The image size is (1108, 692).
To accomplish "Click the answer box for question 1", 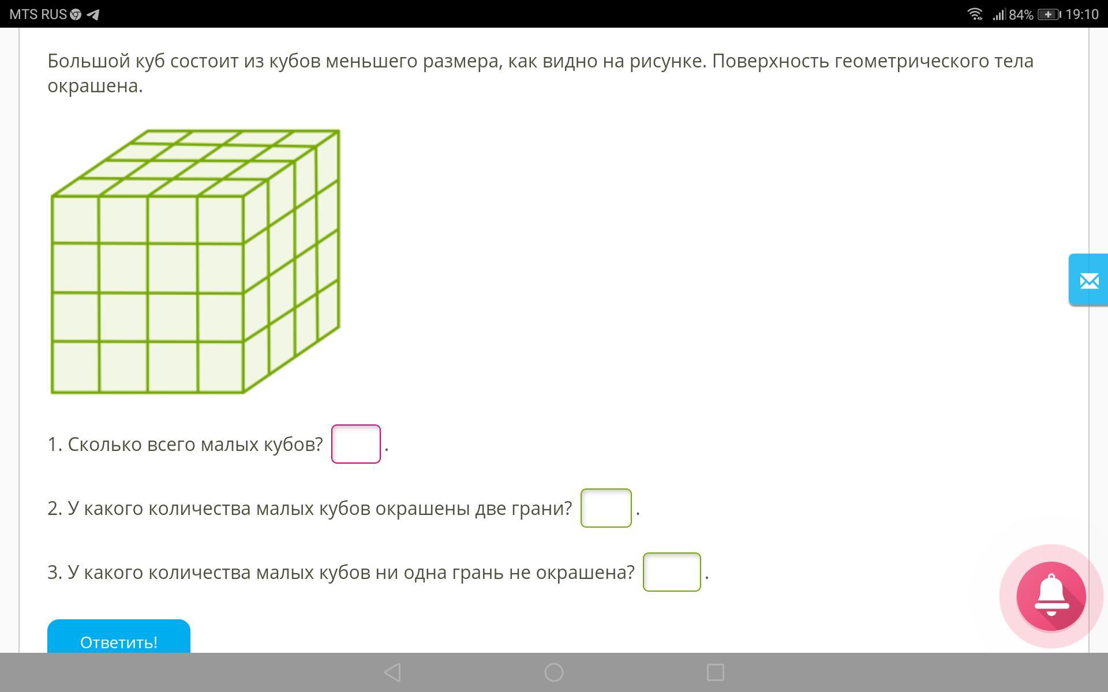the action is tap(356, 444).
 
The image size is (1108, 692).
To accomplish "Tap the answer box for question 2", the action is tap(606, 508).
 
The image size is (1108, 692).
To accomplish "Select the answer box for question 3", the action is tap(672, 572).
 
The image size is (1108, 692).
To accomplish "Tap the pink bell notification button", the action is tap(1051, 596).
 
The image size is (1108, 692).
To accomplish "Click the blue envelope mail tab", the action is tap(1088, 280).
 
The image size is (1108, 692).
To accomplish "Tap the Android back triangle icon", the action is tap(392, 672).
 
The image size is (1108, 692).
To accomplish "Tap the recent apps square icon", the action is tap(716, 672).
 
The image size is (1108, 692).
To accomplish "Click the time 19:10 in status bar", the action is tap(1082, 14).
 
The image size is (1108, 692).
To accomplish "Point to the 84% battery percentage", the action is tap(1021, 15).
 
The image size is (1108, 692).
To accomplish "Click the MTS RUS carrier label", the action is tap(38, 14).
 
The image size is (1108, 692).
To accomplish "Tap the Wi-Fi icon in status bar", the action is tap(975, 14).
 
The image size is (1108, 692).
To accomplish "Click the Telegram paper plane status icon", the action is tap(93, 14).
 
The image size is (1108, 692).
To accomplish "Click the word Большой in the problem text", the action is tap(89, 61).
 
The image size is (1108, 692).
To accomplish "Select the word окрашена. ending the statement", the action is tap(95, 86).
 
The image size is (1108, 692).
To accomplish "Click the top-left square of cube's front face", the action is tap(76, 220).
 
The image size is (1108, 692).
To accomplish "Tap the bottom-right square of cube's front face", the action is tap(220, 367).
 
